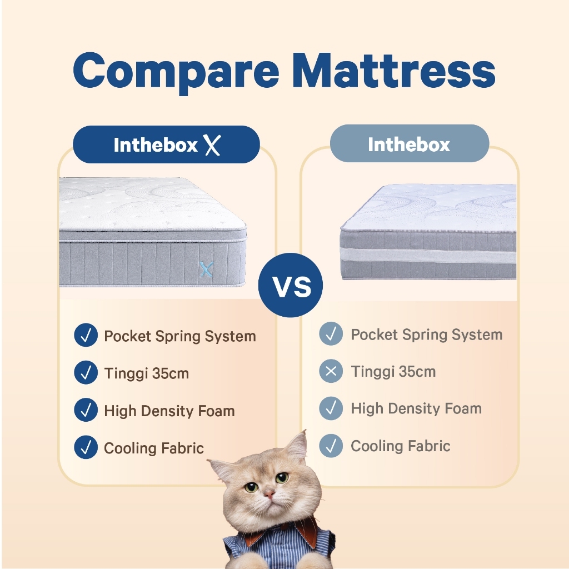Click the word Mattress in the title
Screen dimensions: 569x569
click(394, 69)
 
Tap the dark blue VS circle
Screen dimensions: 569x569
click(290, 285)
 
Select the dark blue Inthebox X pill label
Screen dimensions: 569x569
click(166, 144)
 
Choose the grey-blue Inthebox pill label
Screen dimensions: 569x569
click(410, 143)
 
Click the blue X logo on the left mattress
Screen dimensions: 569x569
click(206, 269)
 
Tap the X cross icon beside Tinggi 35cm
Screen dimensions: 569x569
click(331, 371)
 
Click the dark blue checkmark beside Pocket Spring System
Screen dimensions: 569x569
click(86, 335)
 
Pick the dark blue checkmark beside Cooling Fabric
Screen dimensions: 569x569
click(86, 447)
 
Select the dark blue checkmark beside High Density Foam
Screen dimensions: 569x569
click(86, 410)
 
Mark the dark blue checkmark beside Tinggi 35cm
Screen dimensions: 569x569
click(86, 372)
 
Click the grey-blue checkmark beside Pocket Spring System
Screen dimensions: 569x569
click(331, 333)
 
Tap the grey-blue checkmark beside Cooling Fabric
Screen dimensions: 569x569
click(331, 446)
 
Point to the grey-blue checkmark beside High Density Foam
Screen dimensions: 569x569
click(331, 408)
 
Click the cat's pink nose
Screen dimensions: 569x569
click(269, 493)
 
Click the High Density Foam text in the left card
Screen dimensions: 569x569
click(169, 411)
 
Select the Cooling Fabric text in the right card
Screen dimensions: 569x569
click(400, 446)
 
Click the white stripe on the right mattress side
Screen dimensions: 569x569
click(428, 255)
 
